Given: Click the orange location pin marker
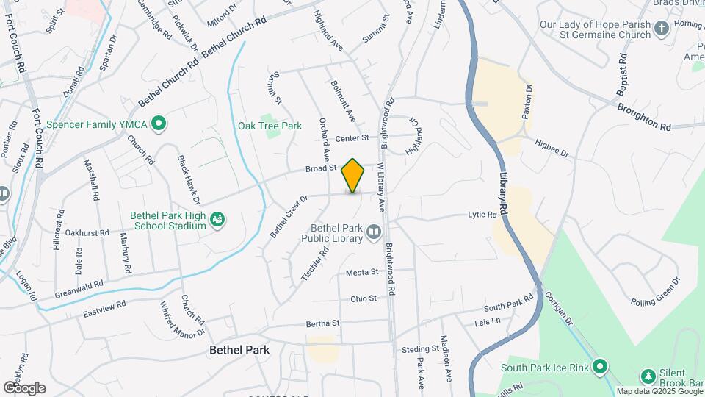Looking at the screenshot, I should coord(353,176).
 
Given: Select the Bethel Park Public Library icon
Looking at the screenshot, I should coord(374,234).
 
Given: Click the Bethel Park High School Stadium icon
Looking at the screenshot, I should coord(217,220).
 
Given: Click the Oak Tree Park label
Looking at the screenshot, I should coord(270,126).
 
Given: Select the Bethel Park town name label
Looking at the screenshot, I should coord(239,350).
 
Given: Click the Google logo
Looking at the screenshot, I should coord(24,387).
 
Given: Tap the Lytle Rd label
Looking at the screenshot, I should coord(482,215).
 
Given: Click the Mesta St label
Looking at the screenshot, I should coord(362,272).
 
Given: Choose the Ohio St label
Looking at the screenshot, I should coord(363,298).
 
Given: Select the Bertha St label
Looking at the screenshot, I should coord(323,323).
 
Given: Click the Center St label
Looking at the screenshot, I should coord(351,138).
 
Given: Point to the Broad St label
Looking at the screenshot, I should coord(321,168).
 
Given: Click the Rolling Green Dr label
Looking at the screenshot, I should coord(656,291).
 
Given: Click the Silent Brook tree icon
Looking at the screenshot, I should coord(648,376).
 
